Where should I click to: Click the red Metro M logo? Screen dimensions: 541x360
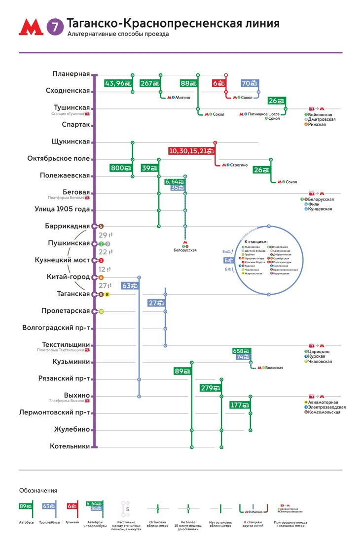(x=31, y=28)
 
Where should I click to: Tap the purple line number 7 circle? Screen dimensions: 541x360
(x=55, y=28)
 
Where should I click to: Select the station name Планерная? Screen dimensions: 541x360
(x=71, y=74)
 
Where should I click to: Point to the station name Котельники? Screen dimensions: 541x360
(x=70, y=446)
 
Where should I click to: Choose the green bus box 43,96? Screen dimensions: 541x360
(x=117, y=83)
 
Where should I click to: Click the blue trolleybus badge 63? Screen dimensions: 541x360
(x=129, y=285)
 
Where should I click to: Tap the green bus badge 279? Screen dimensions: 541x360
(x=210, y=388)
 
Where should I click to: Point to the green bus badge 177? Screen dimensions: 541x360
(x=239, y=405)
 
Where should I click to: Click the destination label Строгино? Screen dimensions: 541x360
(x=239, y=165)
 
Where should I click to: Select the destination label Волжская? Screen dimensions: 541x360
(x=276, y=368)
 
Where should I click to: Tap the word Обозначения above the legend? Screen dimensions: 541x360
(x=37, y=490)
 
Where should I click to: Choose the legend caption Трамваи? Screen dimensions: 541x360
(x=72, y=521)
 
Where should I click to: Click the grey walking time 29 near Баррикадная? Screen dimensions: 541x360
(x=103, y=235)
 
